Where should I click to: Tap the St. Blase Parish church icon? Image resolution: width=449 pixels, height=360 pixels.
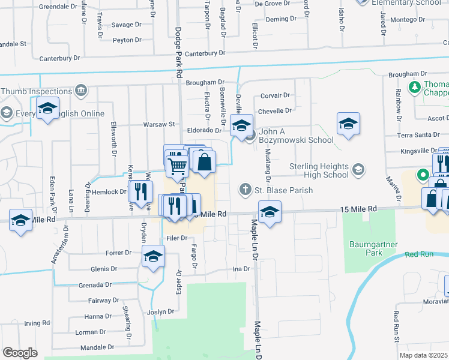point(245,190)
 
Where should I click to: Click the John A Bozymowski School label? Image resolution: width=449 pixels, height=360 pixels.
point(297,140)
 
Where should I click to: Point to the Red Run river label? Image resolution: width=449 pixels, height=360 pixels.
point(418,254)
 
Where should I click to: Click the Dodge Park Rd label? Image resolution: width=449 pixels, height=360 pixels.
point(179,52)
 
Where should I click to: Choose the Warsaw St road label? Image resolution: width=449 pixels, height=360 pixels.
point(158,124)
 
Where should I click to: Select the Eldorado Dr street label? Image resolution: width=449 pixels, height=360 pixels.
point(205,130)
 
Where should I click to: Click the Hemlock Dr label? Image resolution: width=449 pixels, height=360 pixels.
point(108,192)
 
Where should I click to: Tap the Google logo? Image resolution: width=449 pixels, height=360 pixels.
point(20,353)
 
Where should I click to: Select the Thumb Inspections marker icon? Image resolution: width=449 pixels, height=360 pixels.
point(80,91)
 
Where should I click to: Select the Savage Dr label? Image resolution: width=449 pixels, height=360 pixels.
point(125,25)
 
